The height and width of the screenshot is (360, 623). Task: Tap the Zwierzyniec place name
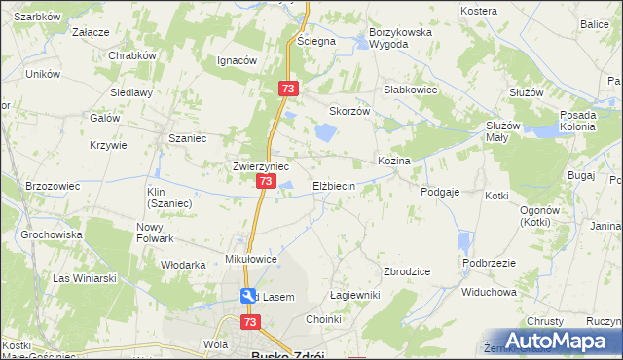tap(261, 166)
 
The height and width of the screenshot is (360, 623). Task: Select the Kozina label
tap(393, 160)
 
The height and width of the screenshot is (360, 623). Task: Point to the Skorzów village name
tap(350, 111)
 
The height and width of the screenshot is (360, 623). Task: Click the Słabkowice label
tap(410, 89)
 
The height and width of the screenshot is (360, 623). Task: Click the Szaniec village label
tap(188, 138)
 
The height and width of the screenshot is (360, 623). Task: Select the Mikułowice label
tap(252, 260)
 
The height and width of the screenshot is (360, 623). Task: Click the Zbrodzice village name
tap(408, 271)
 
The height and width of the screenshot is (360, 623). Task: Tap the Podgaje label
tap(440, 193)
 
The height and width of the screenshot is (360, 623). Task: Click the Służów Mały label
tap(506, 131)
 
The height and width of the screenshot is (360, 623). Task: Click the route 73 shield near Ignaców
tap(287, 89)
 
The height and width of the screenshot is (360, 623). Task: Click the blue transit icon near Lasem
tap(249, 296)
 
